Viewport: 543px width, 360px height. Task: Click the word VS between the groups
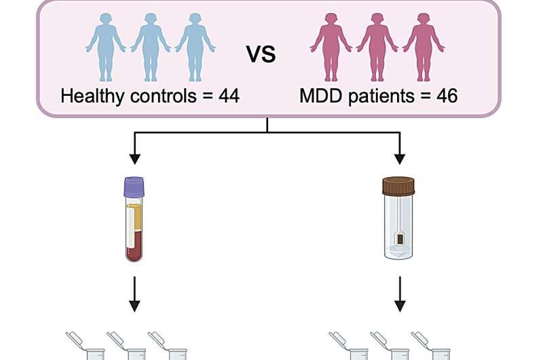point(261,54)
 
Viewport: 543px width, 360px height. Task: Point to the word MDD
point(320,96)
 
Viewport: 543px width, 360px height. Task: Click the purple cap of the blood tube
point(134,187)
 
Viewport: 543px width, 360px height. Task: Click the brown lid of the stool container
point(398,185)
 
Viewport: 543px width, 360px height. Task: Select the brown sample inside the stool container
point(400,239)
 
